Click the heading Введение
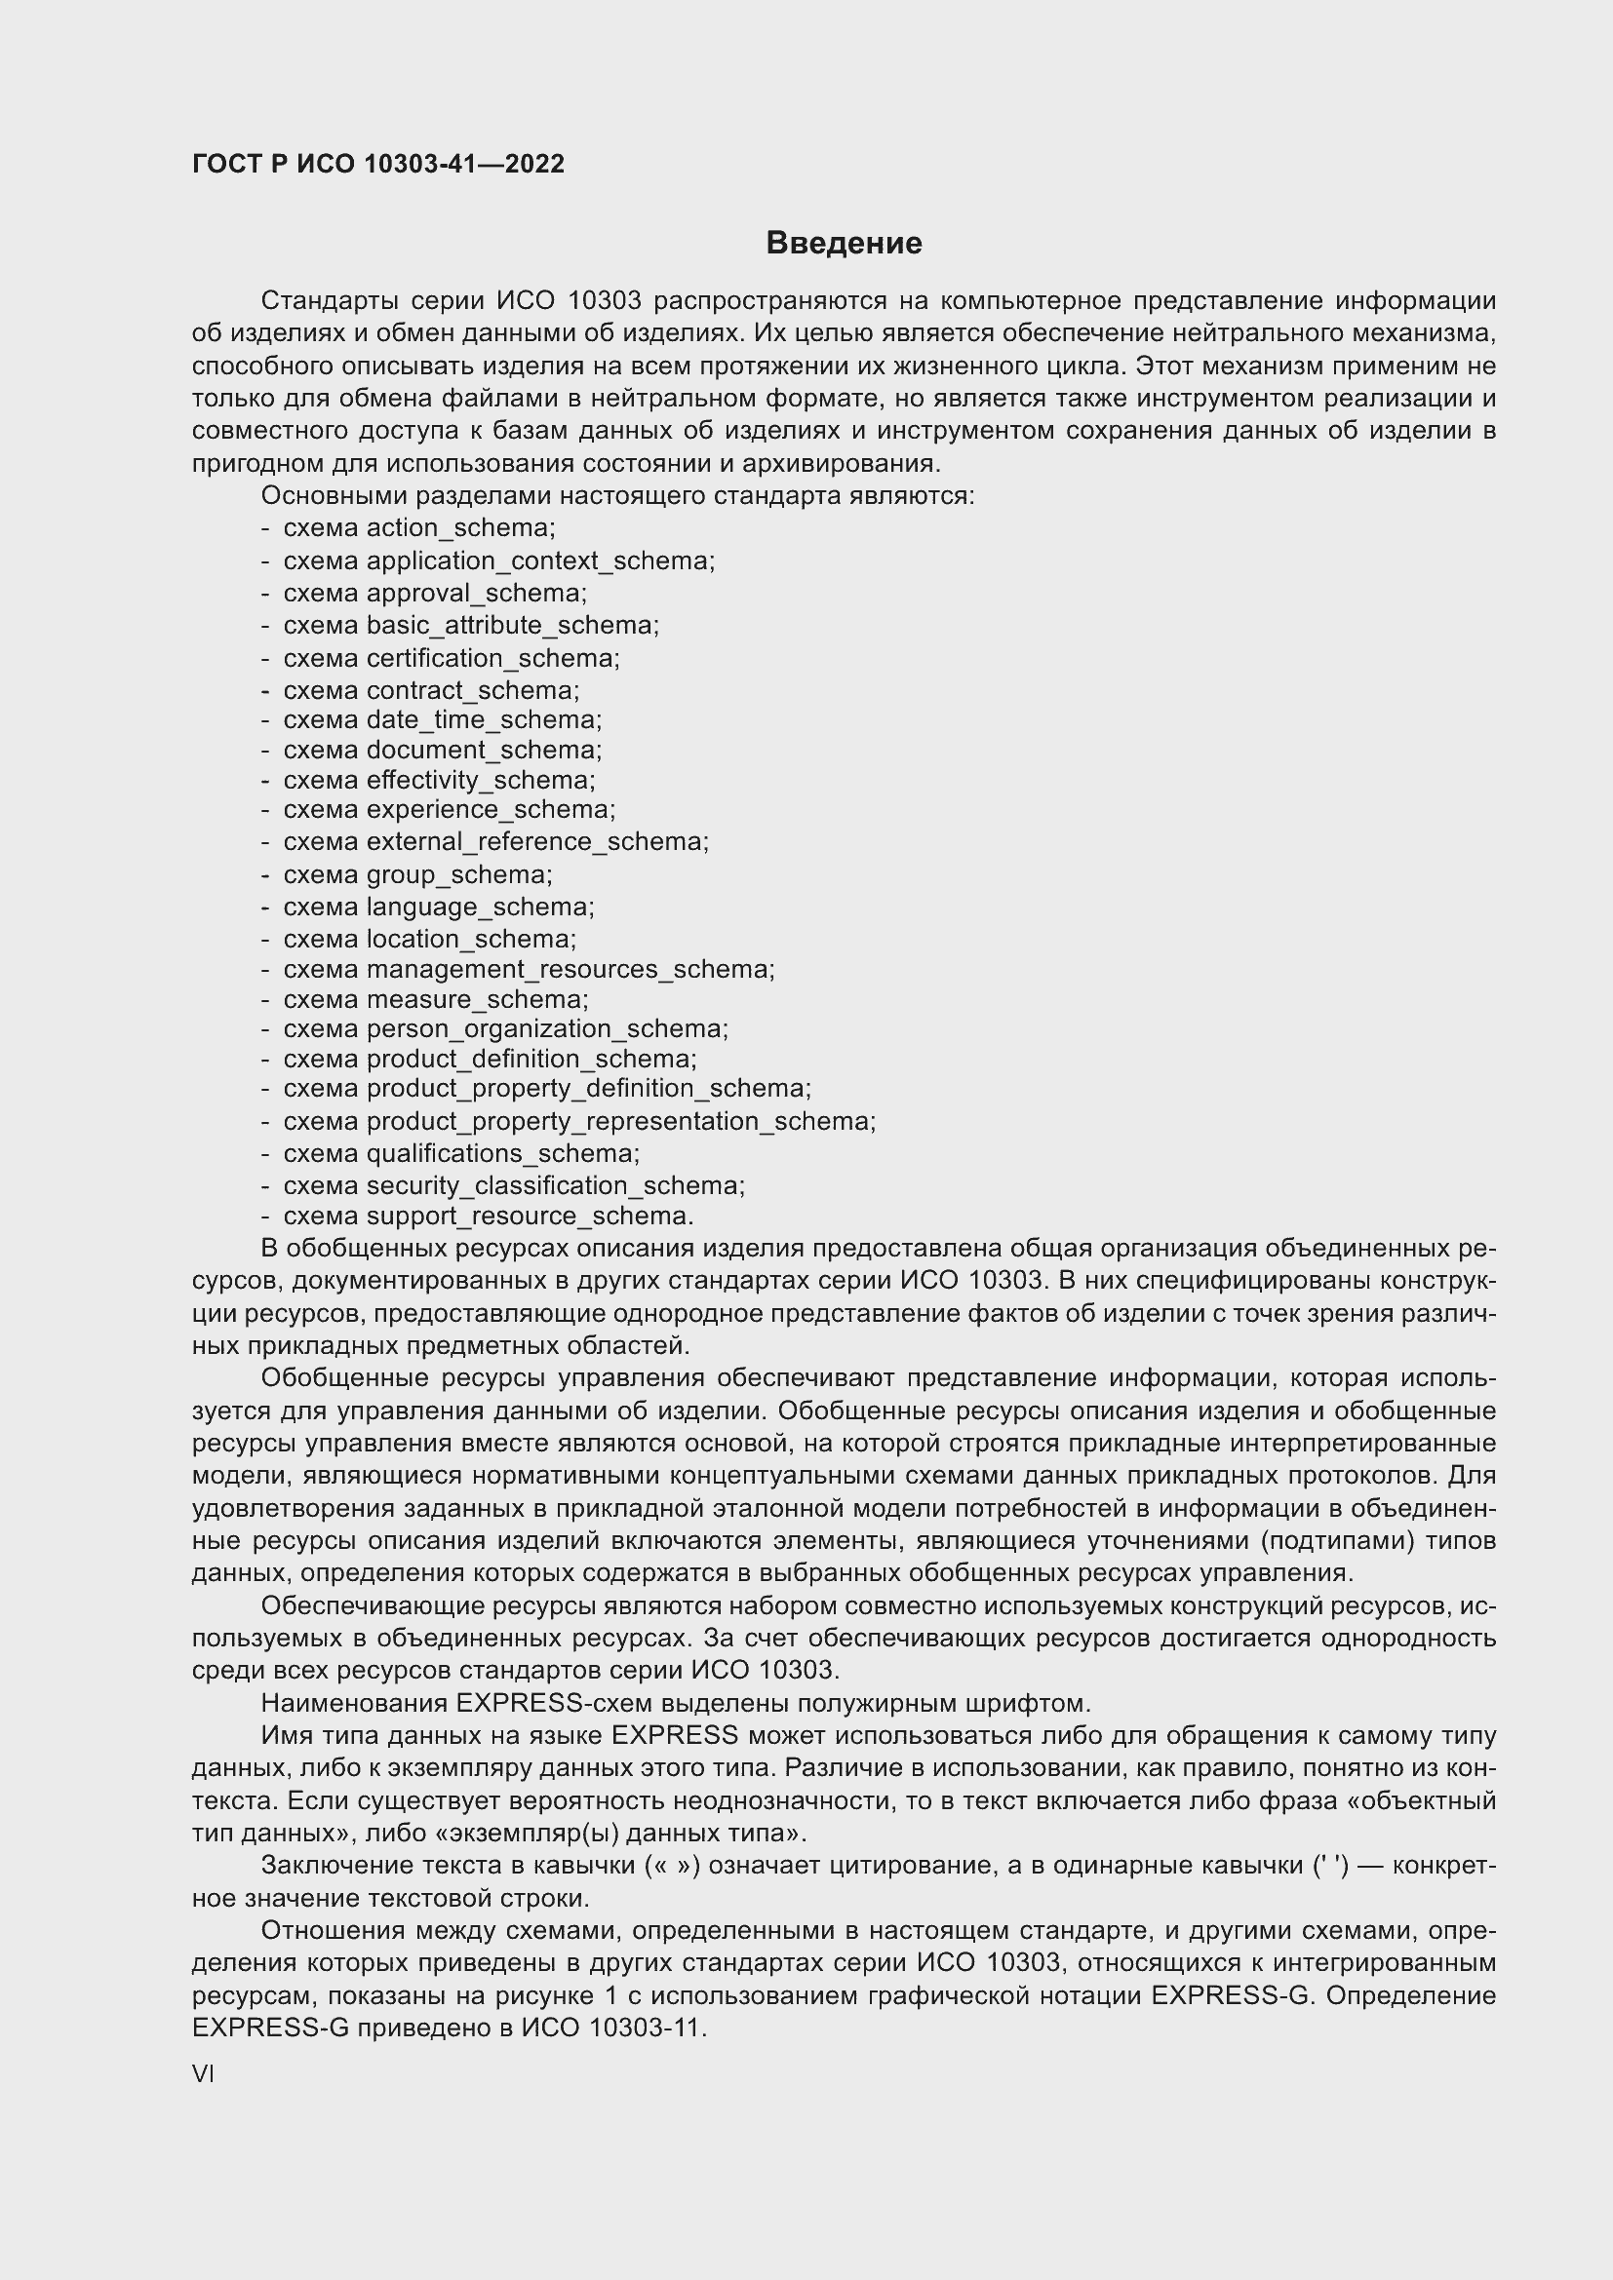point(844,244)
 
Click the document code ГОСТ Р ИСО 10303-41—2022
point(377,164)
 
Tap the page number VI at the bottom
point(203,2073)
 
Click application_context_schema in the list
point(539,560)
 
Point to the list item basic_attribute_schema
point(512,625)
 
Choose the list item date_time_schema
point(483,719)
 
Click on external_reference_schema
point(536,841)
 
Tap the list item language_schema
point(479,907)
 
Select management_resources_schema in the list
point(570,968)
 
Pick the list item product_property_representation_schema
point(620,1121)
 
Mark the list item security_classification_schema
point(554,1184)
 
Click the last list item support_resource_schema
point(529,1216)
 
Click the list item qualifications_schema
point(501,1153)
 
